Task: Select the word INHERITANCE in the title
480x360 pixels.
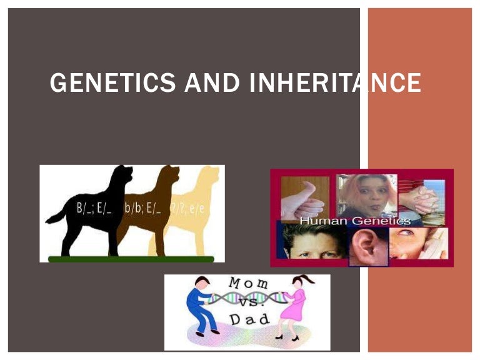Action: tap(335, 83)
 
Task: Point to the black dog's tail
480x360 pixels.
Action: tap(55, 215)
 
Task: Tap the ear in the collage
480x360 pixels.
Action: tap(368, 244)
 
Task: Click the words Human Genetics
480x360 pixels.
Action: tap(355, 221)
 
